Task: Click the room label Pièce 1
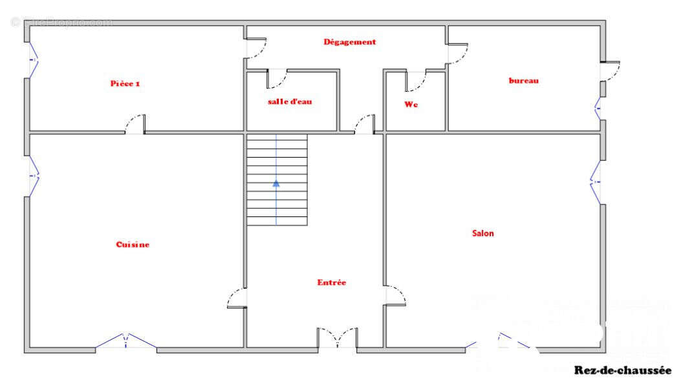pyautogui.click(x=125, y=83)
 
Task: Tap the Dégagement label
pyautogui.click(x=349, y=42)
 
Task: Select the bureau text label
pyautogui.click(x=523, y=81)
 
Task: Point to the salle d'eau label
pyautogui.click(x=290, y=102)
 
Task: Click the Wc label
pyautogui.click(x=411, y=104)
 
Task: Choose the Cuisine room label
pyautogui.click(x=133, y=244)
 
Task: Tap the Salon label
pyautogui.click(x=482, y=233)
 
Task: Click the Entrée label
pyautogui.click(x=331, y=282)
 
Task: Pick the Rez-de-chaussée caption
pyautogui.click(x=622, y=370)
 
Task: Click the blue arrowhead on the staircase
pyautogui.click(x=276, y=183)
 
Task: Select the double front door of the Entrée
pyautogui.click(x=337, y=338)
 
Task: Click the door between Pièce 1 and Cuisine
pyautogui.click(x=135, y=125)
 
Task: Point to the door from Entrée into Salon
pyautogui.click(x=395, y=295)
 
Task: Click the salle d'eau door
pyautogui.click(x=277, y=79)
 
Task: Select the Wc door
pyautogui.click(x=415, y=81)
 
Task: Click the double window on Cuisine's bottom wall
pyautogui.click(x=126, y=342)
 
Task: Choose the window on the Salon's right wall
pyautogui.click(x=596, y=181)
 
